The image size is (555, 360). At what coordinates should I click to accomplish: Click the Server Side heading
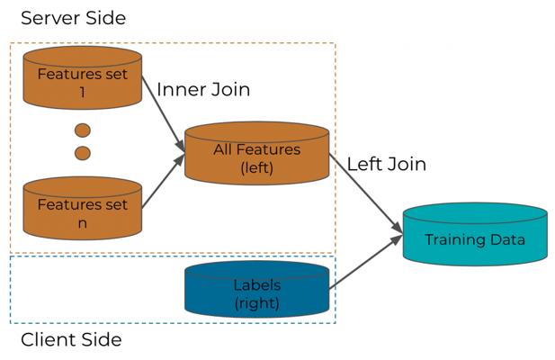[73, 18]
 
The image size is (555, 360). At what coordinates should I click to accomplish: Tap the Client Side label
[71, 340]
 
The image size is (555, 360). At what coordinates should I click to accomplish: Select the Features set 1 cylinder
[83, 77]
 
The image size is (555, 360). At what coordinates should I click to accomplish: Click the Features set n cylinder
[83, 209]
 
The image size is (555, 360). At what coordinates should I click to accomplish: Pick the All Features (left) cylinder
[257, 153]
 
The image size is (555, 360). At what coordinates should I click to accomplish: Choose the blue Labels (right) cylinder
[257, 289]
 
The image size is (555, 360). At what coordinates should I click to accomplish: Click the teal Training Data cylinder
[475, 234]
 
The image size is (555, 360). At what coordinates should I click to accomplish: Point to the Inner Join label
[203, 90]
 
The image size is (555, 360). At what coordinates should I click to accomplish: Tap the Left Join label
[387, 164]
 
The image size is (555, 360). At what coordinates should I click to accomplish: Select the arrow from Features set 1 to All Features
[164, 114]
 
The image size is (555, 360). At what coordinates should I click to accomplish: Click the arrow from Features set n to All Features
[164, 181]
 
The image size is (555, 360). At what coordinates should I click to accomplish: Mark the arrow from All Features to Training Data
[366, 193]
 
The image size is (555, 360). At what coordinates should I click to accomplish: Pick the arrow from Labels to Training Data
[366, 262]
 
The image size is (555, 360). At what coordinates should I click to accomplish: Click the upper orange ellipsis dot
[83, 130]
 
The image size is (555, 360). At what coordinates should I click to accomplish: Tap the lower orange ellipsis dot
[83, 153]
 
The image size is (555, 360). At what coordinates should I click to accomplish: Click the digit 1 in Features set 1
[82, 93]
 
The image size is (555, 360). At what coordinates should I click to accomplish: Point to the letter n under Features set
[82, 224]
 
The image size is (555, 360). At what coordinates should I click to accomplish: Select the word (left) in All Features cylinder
[257, 167]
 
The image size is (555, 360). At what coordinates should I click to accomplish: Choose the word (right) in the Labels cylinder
[257, 303]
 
